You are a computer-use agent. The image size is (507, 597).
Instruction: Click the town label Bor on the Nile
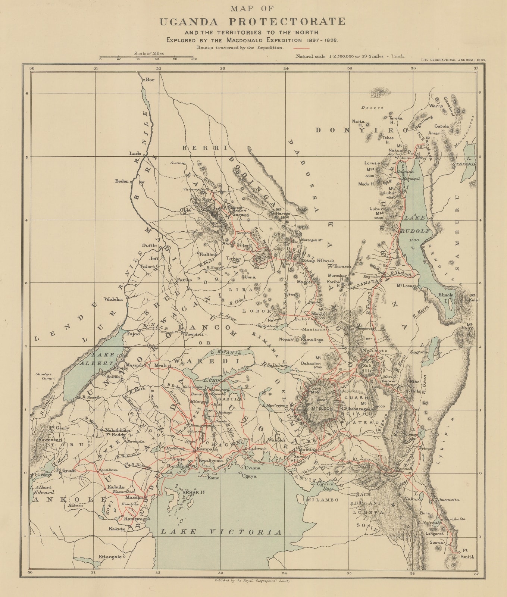pos(150,79)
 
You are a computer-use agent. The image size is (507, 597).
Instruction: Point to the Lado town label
pos(135,153)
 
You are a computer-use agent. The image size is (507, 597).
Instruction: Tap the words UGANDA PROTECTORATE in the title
pos(253,22)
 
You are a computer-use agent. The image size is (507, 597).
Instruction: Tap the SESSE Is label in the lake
pos(193,492)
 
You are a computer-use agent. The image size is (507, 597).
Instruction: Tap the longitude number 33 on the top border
pos(222,68)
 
